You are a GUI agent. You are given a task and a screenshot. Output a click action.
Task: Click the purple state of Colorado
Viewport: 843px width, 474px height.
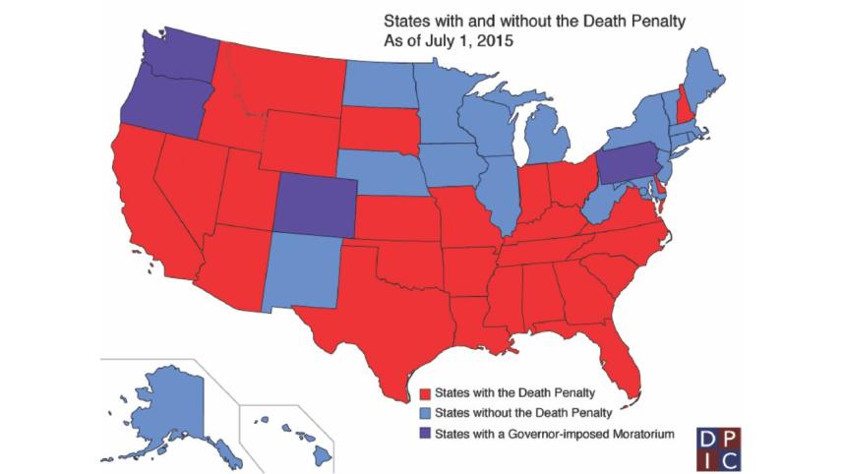tap(313, 206)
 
